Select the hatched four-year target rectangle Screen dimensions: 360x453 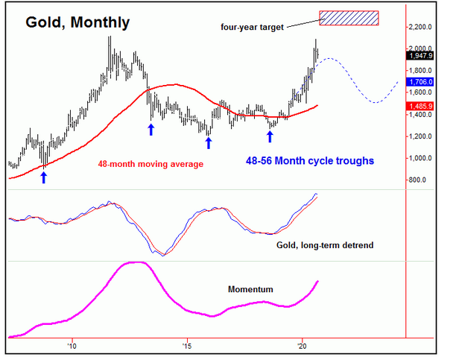tap(349, 17)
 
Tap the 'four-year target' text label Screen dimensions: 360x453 tap(251, 28)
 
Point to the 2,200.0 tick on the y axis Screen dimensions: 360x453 tap(421, 27)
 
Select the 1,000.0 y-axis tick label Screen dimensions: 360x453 tap(421, 158)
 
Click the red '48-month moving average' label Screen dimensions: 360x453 tap(150, 163)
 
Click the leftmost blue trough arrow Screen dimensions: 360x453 tap(43, 177)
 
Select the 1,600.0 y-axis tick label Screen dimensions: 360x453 tap(421, 92)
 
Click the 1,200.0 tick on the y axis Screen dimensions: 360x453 tap(421, 136)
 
